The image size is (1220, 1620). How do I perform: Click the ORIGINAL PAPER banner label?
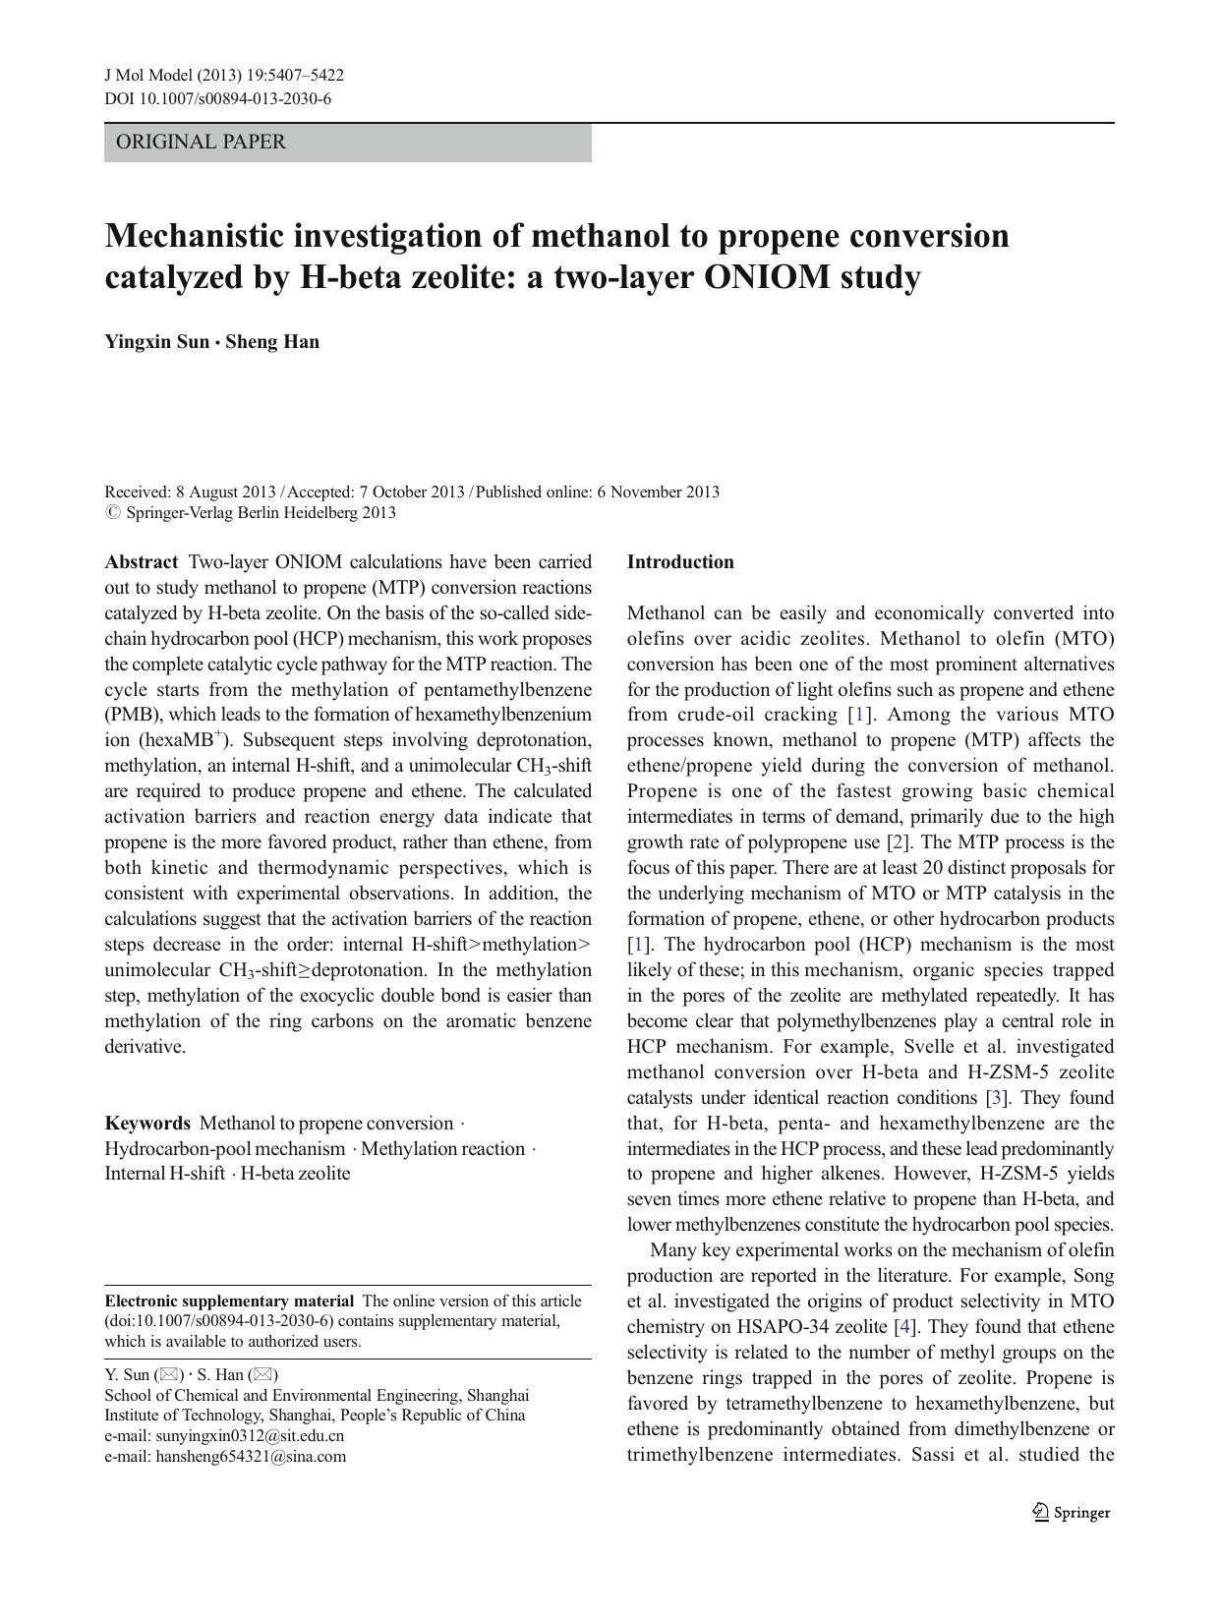[201, 143]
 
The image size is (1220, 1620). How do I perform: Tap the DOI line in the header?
[217, 98]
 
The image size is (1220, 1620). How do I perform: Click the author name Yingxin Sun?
[156, 342]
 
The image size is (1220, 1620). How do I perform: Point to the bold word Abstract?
[142, 562]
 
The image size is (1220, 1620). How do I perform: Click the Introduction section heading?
[680, 562]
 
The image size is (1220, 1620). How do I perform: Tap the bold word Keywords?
[147, 1124]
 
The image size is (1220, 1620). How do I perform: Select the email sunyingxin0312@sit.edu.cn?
[250, 1435]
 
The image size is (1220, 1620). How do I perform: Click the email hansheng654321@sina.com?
[251, 1456]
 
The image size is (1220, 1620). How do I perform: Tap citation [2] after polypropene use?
[897, 842]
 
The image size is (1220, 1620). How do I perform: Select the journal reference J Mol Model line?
[224, 76]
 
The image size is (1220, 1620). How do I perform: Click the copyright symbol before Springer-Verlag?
[111, 512]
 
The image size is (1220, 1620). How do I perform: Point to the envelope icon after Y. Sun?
[169, 1375]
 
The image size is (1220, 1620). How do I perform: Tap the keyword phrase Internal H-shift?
[164, 1174]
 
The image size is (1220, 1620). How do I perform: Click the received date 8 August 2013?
[225, 492]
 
